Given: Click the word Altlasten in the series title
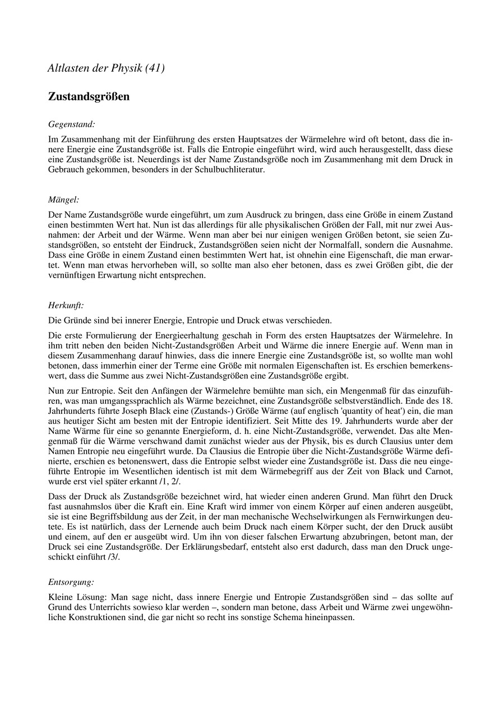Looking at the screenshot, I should [67, 68].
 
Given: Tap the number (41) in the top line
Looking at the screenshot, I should [154, 68].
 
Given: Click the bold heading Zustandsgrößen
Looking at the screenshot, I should [89, 97].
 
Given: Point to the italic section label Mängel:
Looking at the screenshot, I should [63, 199].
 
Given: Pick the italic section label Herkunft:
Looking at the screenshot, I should [66, 306].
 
